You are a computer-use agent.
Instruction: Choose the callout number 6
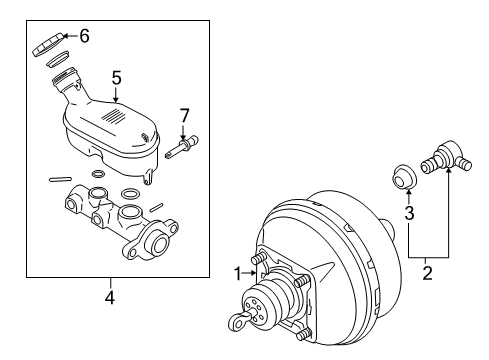(x=84, y=35)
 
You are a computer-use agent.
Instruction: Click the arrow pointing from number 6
(x=72, y=36)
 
